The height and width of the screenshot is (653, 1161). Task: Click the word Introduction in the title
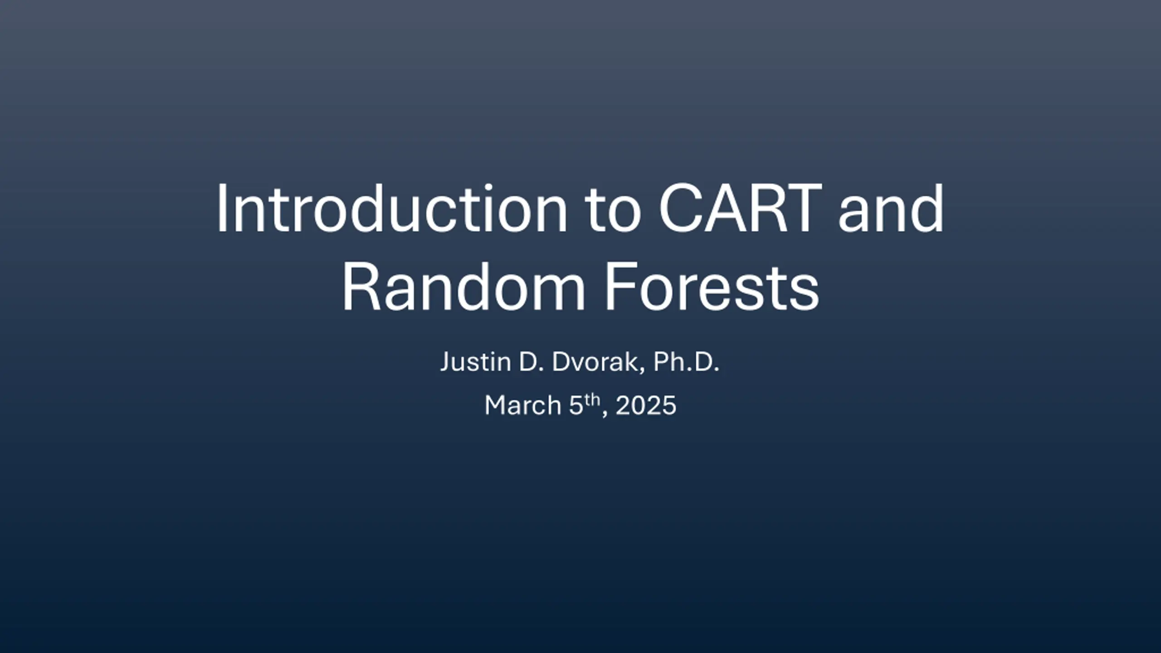point(391,208)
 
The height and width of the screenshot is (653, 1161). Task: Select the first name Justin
point(476,362)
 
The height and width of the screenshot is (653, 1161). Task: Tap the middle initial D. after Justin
point(531,362)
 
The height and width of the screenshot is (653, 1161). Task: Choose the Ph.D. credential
point(686,362)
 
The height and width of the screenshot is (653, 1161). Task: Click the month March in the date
point(523,405)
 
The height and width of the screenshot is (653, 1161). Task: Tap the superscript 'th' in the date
point(592,400)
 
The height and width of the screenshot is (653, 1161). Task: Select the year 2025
point(646,405)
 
